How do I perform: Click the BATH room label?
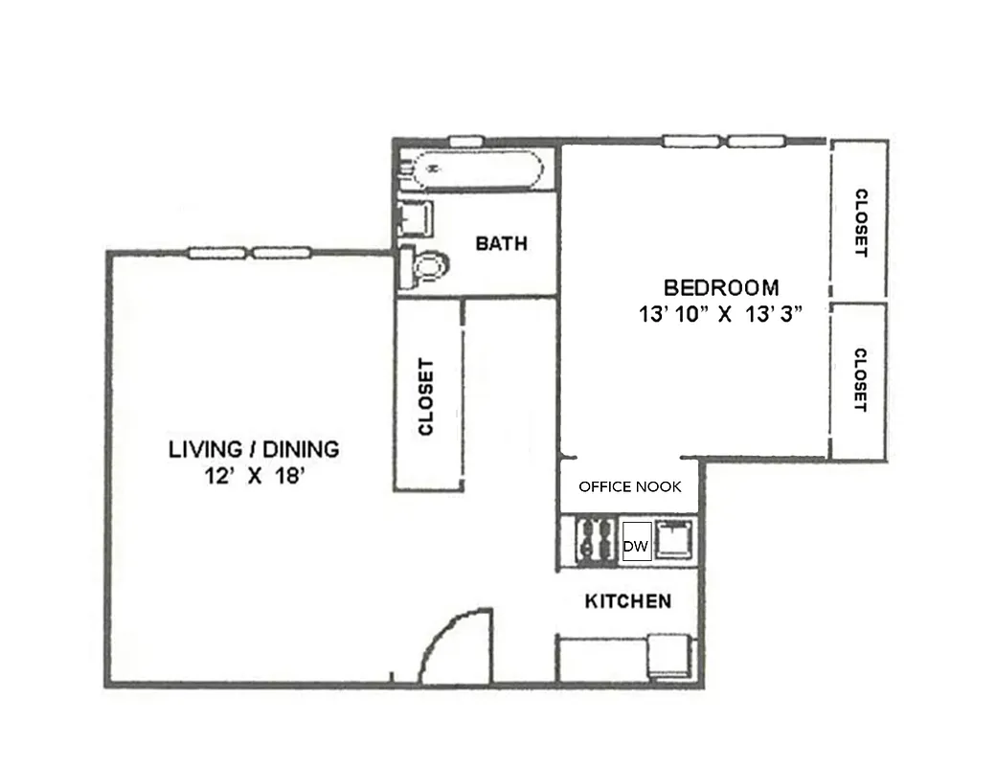point(501,243)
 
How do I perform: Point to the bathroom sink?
point(416,218)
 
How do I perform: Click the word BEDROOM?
point(721,287)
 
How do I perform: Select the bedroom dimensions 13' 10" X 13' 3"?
point(720,314)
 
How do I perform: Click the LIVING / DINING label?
point(254,448)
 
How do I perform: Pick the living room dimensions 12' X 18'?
point(254,475)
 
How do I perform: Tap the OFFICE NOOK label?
point(630,486)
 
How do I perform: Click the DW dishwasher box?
point(637,547)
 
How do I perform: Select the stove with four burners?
point(595,540)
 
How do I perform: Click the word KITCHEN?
point(627,601)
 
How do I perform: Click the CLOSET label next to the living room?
point(427,396)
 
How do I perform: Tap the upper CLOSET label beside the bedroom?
point(860,222)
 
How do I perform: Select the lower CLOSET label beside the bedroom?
point(860,380)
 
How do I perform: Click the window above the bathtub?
point(465,141)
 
